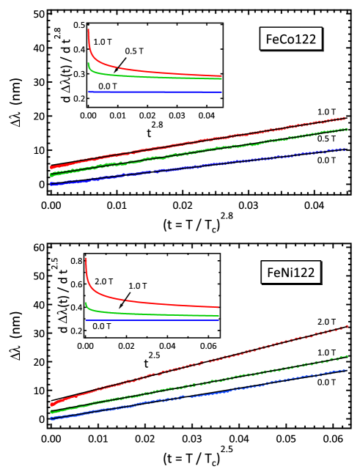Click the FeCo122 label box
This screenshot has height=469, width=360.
(x=290, y=40)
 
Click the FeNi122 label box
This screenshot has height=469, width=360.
(x=290, y=273)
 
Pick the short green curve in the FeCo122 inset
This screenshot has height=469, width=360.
(x=147, y=75)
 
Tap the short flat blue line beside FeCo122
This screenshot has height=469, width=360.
(x=154, y=92)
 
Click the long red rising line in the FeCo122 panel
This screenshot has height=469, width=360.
(x=198, y=141)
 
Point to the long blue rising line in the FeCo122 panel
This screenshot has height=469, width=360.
(x=198, y=166)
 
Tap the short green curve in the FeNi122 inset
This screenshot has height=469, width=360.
(x=147, y=314)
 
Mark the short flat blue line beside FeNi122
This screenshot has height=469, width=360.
(x=153, y=320)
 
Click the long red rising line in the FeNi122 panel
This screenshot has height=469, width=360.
(x=198, y=364)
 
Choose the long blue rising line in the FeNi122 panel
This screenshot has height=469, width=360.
(x=198, y=394)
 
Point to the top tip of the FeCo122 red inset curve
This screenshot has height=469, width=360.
(x=89, y=30)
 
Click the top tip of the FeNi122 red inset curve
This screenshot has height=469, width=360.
(x=87, y=258)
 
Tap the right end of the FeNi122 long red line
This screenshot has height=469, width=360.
(x=347, y=326)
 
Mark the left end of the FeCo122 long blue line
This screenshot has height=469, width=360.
(x=51, y=184)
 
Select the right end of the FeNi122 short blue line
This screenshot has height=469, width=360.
(x=218, y=320)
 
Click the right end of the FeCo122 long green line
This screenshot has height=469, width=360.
(x=347, y=129)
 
